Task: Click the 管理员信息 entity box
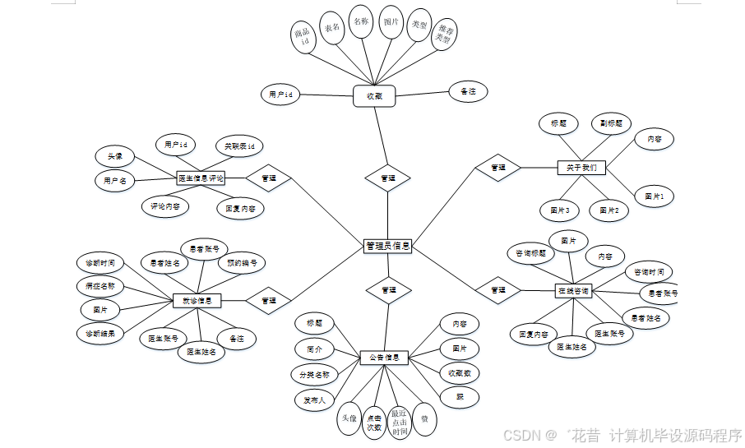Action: [x=387, y=245]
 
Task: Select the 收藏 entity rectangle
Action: [x=374, y=96]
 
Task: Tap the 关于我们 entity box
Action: [x=581, y=168]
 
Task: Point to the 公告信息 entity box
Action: [x=384, y=358]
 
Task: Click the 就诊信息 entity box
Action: [x=197, y=301]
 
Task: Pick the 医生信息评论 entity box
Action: [x=201, y=177]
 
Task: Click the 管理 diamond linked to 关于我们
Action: [x=497, y=168]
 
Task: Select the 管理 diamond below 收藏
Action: [x=387, y=178]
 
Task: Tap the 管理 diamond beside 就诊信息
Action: [x=268, y=301]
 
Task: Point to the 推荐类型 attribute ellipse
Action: [x=444, y=33]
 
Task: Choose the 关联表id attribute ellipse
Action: [x=239, y=146]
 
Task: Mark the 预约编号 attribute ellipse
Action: [x=242, y=264]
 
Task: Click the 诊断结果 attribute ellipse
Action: [x=99, y=334]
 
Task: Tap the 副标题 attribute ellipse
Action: [x=611, y=124]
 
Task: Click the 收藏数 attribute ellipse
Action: [x=459, y=373]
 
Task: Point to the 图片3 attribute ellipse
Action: [x=560, y=210]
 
